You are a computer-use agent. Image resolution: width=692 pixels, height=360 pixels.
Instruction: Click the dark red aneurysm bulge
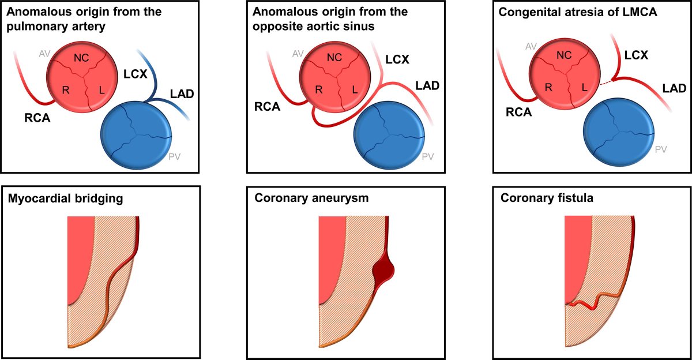383,269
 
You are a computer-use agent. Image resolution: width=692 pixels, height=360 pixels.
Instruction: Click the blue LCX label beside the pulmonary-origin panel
136,74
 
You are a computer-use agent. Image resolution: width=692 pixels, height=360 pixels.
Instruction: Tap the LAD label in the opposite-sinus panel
427,86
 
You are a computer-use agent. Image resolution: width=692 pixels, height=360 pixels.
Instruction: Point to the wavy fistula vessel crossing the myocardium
591,301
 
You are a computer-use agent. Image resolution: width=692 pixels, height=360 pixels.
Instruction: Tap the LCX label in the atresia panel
636,55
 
